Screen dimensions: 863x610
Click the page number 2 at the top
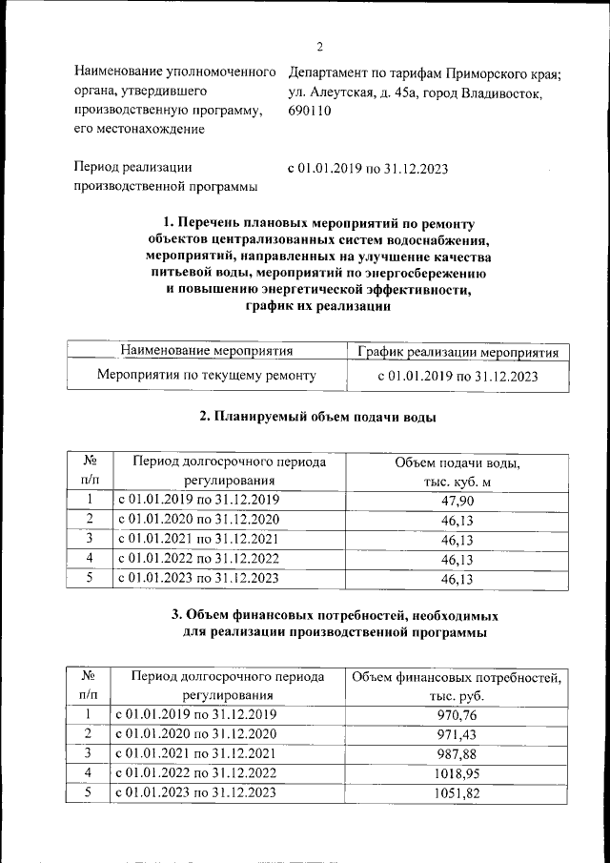coord(320,48)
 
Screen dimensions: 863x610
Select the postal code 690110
coord(309,111)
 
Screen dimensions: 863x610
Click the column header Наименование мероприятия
coord(206,352)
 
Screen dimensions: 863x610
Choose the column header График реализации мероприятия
coord(457,353)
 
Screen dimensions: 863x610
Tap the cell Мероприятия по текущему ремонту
coord(206,376)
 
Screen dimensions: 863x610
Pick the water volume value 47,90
coord(457,501)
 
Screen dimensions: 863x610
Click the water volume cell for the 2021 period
coord(457,540)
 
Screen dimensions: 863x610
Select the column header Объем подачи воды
coord(457,462)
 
